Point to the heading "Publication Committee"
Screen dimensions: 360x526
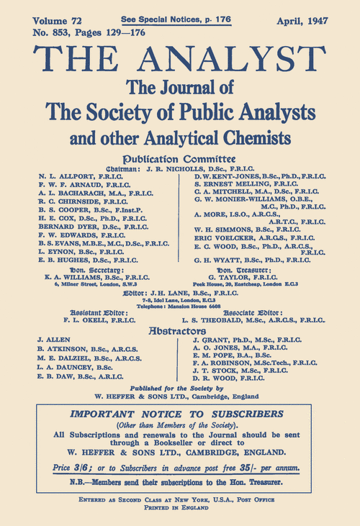click(x=180, y=158)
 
